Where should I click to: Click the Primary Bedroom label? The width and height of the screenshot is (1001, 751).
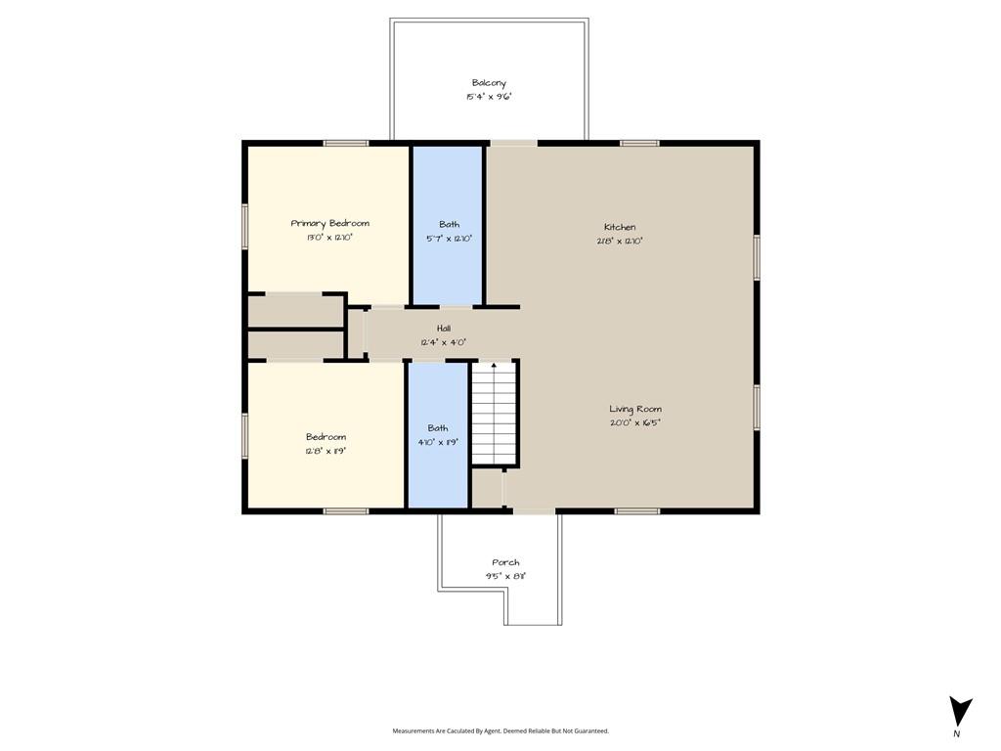[x=330, y=223]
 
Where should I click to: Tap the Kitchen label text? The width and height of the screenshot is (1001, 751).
[x=620, y=227]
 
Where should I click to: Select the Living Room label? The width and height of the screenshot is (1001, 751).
[x=635, y=409]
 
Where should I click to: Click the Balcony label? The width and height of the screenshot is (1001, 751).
[x=489, y=83]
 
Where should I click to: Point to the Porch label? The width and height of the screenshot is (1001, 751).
[x=505, y=562]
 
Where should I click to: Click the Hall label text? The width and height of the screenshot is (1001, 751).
[x=444, y=329]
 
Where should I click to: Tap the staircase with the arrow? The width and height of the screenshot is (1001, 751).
[x=494, y=413]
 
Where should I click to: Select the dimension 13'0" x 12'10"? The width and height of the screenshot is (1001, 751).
[x=330, y=238]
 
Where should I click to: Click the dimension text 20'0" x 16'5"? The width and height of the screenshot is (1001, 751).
[x=635, y=422]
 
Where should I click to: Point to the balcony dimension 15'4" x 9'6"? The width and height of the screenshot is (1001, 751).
[x=489, y=97]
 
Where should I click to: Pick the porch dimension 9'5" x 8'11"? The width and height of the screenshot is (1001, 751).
[x=505, y=576]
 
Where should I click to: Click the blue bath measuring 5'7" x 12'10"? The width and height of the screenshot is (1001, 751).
[x=448, y=226]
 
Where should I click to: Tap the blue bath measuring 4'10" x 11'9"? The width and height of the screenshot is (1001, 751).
[x=438, y=435]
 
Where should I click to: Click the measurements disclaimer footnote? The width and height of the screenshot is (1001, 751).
[x=500, y=730]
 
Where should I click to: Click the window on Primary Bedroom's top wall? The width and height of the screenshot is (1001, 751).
[x=346, y=143]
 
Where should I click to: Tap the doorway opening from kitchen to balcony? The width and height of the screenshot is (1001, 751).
[x=514, y=143]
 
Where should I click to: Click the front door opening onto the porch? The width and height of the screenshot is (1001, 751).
[x=535, y=510]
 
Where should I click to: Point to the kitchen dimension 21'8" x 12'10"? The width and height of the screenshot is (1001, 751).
[x=620, y=242]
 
